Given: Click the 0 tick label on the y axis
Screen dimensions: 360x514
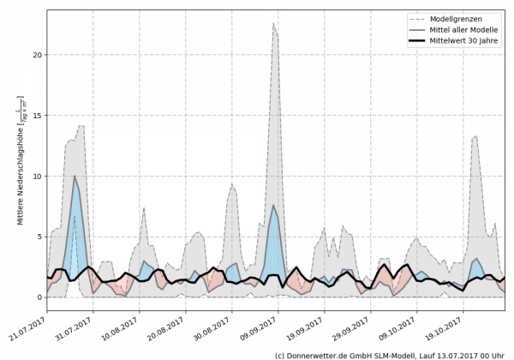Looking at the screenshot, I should point(39,297).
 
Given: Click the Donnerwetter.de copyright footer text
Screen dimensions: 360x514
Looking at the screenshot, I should point(389,354).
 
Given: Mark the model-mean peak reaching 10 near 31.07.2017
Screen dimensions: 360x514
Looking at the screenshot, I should point(75,177).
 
